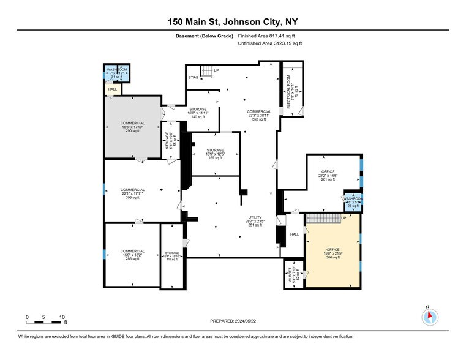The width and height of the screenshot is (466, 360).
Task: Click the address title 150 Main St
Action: [233, 23]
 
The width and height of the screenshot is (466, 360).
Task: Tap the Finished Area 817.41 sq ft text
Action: [269, 36]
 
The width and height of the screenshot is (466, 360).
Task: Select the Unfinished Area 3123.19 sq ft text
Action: [269, 43]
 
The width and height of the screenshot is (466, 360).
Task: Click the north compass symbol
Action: [430, 317]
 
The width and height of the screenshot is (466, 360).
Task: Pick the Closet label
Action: [290, 273]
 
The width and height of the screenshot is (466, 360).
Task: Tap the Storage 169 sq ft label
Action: [215, 154]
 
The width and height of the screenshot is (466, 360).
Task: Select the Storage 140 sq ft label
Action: [197, 113]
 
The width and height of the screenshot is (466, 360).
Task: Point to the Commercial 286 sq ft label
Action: [132, 255]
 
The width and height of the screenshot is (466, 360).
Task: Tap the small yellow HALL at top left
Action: [112, 89]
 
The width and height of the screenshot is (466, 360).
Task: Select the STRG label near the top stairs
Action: [193, 78]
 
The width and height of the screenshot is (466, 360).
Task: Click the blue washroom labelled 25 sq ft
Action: [352, 203]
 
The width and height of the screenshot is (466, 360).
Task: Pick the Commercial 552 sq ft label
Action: [258, 115]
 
